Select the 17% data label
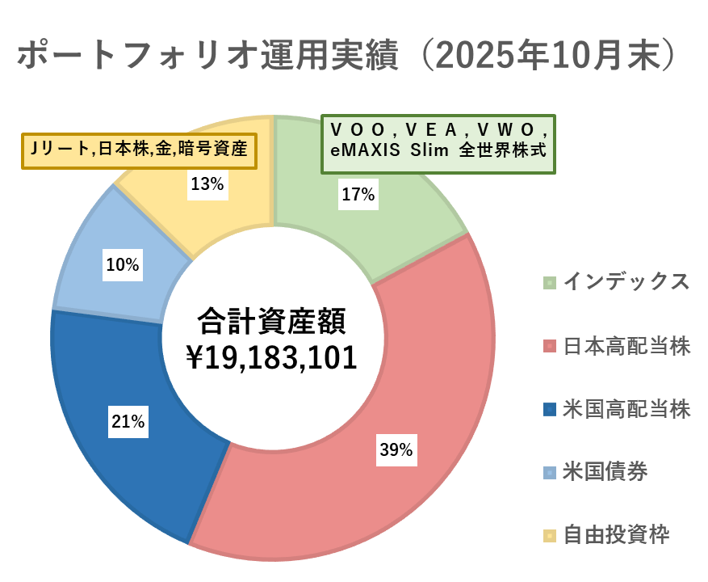(358, 194)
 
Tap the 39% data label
(396, 450)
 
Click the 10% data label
(122, 264)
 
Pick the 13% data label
(207, 184)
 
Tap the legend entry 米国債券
(605, 470)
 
